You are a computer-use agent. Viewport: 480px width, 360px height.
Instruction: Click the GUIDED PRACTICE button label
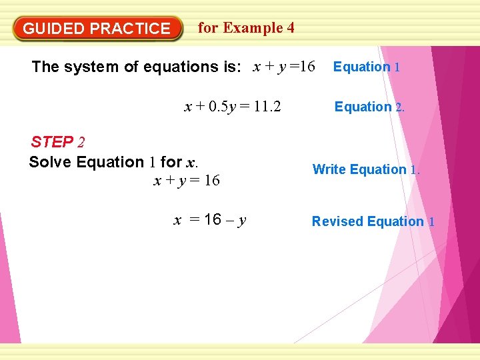click(x=97, y=29)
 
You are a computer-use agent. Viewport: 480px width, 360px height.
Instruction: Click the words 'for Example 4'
click(x=246, y=28)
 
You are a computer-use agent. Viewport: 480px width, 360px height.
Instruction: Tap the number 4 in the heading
click(x=290, y=28)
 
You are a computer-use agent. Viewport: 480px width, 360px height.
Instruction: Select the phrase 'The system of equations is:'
click(x=137, y=67)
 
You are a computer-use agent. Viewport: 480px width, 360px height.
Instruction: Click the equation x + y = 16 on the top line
click(x=283, y=66)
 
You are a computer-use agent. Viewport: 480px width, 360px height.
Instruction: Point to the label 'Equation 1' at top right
click(x=366, y=67)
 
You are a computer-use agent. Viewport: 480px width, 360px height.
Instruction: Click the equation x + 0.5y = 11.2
click(x=232, y=107)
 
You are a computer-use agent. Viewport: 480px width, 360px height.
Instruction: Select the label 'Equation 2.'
click(x=369, y=107)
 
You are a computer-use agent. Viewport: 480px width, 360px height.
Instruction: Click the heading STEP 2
click(x=58, y=142)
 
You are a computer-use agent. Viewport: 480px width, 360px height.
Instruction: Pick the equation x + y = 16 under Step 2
click(x=187, y=181)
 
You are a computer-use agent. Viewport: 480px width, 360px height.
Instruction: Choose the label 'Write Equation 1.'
click(x=366, y=169)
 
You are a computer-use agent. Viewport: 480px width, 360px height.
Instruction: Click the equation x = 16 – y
click(x=210, y=220)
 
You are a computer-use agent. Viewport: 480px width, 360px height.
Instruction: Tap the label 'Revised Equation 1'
click(x=373, y=221)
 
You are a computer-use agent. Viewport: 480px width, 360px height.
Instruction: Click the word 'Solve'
click(x=51, y=162)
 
